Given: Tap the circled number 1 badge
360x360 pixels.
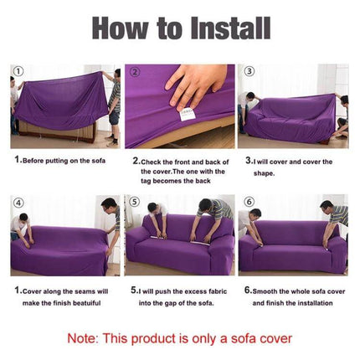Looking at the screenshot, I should click(x=18, y=72).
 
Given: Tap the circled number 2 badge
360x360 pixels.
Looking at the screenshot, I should click(x=133, y=72).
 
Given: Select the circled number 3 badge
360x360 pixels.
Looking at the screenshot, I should click(x=245, y=72).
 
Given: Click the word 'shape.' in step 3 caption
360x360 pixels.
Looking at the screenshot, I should click(x=265, y=172).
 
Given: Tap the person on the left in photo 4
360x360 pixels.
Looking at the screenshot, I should click(x=23, y=226).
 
